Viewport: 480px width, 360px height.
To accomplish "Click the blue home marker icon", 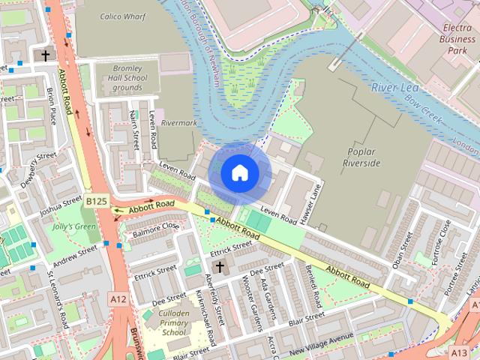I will point(239,173).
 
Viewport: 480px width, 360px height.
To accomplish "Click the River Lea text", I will point(393,88).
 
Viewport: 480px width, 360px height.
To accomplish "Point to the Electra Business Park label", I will point(457,39).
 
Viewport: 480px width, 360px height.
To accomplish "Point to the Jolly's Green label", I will point(74,226).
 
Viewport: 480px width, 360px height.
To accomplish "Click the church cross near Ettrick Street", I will point(220,266).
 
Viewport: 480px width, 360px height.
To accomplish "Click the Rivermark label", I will point(178,121).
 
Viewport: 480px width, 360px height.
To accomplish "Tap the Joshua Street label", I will point(61,205).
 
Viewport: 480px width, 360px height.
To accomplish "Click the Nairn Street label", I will point(135,129).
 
